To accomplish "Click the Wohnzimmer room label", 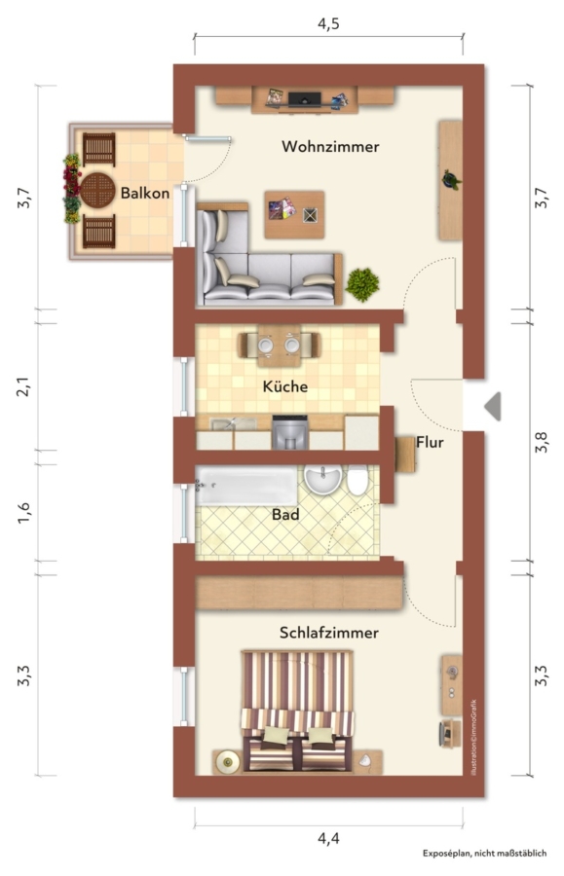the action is point(330,146).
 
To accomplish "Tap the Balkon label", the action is point(145,194).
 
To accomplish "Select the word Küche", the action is point(285,386).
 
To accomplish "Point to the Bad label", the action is point(285,514).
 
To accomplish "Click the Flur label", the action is point(430,443).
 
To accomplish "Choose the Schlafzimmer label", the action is point(328,633).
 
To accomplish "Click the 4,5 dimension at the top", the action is point(328,24).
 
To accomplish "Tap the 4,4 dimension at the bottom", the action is point(328,838).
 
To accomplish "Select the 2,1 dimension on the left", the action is point(23,386).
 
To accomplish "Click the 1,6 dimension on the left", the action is point(23,512).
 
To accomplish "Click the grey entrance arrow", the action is point(492,406).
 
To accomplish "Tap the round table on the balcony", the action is point(97,190).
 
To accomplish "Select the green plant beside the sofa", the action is point(362,284).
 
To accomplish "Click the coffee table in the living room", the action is point(294,214).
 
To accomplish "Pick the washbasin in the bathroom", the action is point(322,479).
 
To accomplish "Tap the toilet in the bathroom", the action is point(357,480).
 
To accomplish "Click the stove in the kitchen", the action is point(289,432).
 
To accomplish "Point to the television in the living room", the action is point(305,99).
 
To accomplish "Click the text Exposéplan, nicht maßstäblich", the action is point(484,853).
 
